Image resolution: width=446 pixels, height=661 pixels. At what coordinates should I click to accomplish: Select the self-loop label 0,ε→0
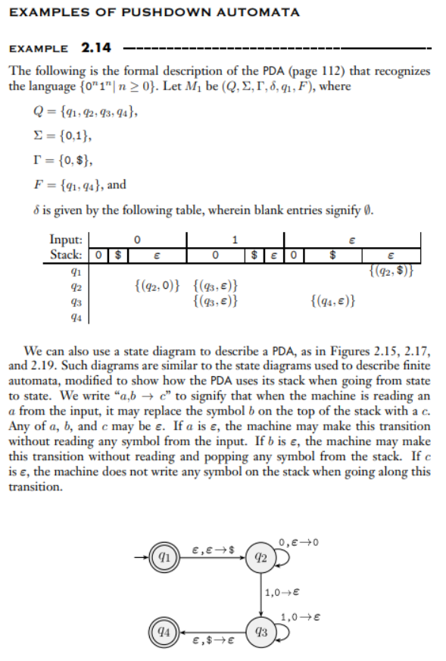pos(294,542)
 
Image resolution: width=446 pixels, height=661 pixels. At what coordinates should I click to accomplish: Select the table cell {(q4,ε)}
pos(334,302)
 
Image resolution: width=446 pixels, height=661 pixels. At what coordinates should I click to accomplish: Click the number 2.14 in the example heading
pos(96,48)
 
